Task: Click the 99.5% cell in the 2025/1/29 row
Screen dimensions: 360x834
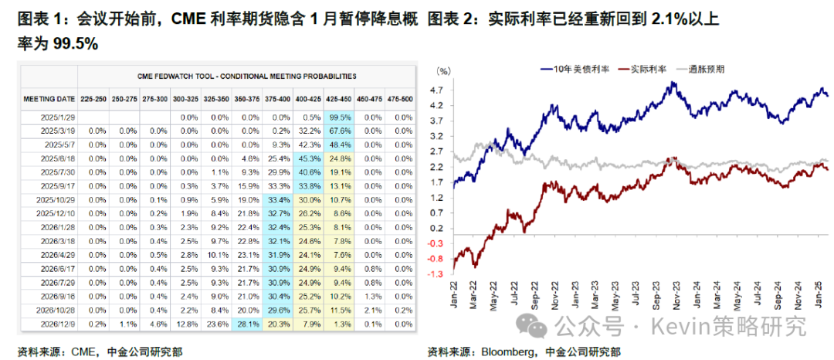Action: pyautogui.click(x=340, y=117)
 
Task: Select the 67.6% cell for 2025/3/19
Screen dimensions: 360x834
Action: pyautogui.click(x=340, y=131)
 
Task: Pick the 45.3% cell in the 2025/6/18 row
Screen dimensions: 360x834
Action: pyautogui.click(x=309, y=158)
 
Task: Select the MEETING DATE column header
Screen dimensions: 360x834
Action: pyautogui.click(x=49, y=99)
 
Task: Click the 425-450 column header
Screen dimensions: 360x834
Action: pyautogui.click(x=340, y=99)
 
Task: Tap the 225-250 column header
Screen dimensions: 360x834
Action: pyautogui.click(x=93, y=99)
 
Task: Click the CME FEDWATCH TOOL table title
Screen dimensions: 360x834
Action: pyautogui.click(x=246, y=76)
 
